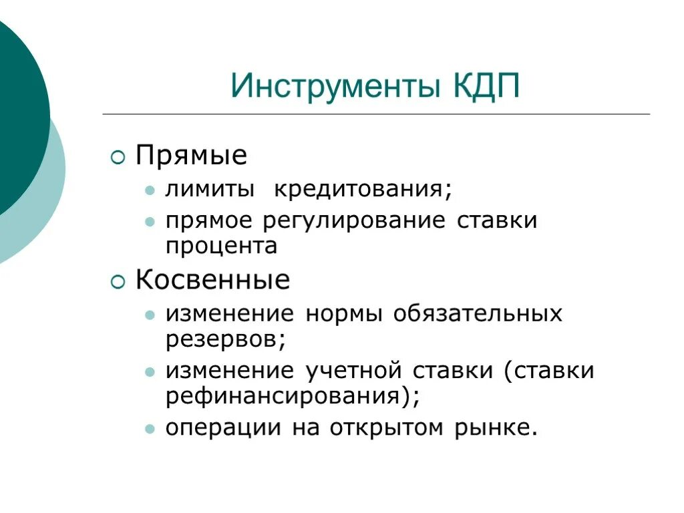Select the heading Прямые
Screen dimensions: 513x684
coord(191,157)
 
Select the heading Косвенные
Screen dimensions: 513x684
coord(212,280)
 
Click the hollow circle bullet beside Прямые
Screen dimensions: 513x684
coord(118,158)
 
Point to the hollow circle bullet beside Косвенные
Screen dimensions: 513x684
coord(118,282)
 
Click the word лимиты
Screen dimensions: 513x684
coord(210,189)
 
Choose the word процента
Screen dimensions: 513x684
coord(221,246)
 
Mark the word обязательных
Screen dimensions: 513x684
coord(478,313)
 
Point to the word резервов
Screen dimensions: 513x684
coord(225,339)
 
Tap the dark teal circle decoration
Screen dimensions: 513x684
coord(17,114)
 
